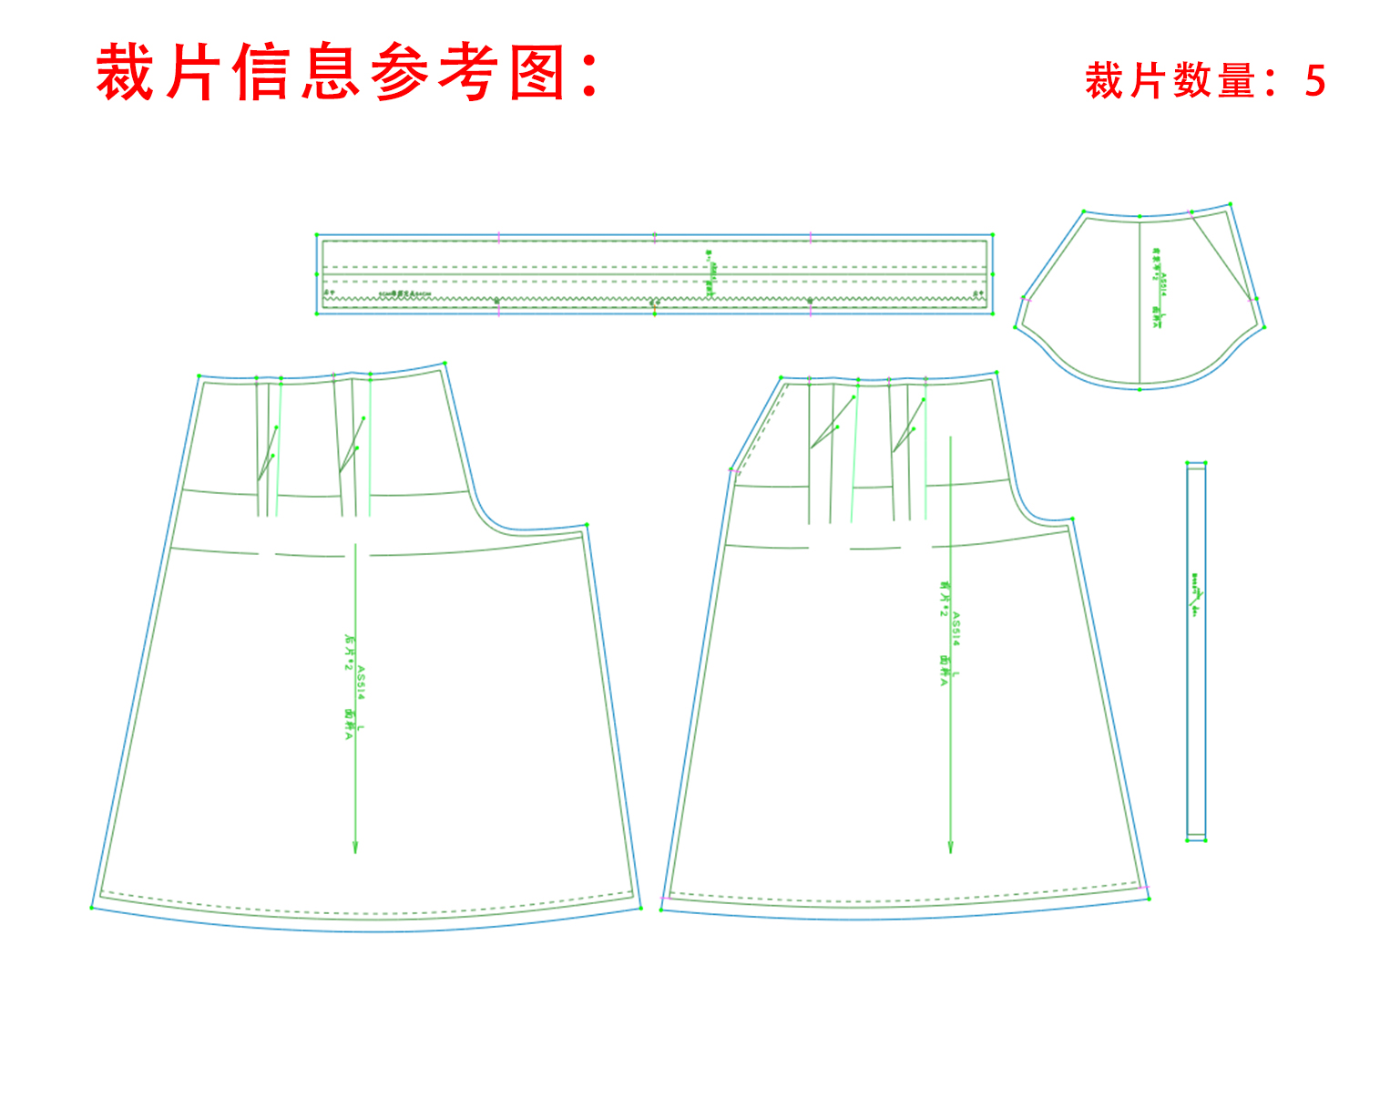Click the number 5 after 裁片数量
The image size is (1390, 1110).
pyautogui.click(x=1314, y=81)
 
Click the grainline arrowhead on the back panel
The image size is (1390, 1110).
pyautogui.click(x=355, y=847)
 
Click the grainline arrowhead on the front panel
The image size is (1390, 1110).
pyautogui.click(x=950, y=847)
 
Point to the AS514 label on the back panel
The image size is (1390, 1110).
pyautogui.click(x=362, y=683)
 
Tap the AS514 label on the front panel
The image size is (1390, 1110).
pyautogui.click(x=956, y=629)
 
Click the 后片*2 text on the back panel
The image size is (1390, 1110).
pyautogui.click(x=348, y=653)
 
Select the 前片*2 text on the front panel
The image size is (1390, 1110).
pyautogui.click(x=945, y=599)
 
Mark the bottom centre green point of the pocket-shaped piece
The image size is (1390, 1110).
pyautogui.click(x=1140, y=389)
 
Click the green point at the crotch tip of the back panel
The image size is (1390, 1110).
pyautogui.click(x=587, y=524)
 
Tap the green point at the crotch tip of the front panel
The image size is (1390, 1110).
pyautogui.click(x=1073, y=519)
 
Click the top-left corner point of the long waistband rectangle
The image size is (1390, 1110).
pyautogui.click(x=317, y=235)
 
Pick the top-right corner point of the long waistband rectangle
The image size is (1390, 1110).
pyautogui.click(x=992, y=235)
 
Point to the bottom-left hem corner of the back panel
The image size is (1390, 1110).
pyautogui.click(x=92, y=908)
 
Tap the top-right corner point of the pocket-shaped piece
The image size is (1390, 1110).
pyautogui.click(x=1230, y=204)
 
